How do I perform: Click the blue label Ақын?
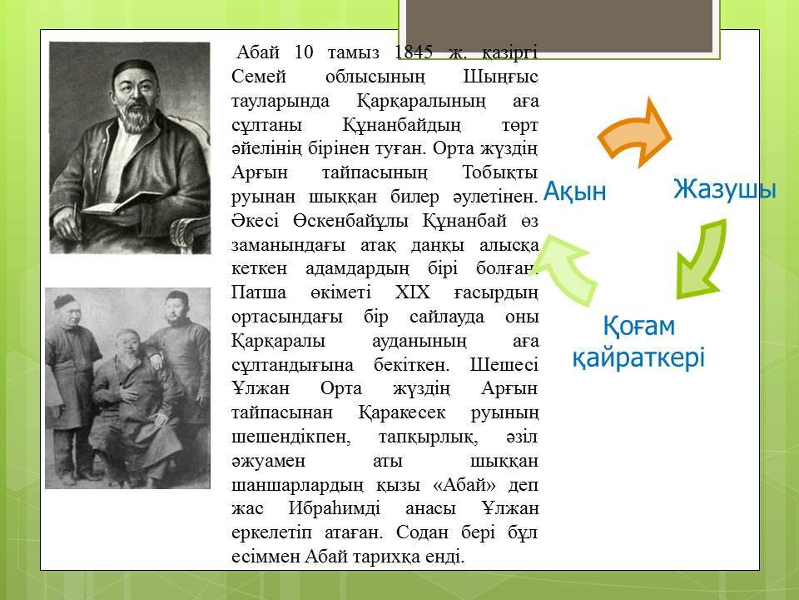click(575, 192)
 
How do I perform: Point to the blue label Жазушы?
click(725, 189)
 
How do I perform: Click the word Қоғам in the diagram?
click(639, 326)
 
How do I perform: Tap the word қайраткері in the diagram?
click(638, 357)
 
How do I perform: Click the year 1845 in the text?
click(414, 52)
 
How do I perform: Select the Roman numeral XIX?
click(412, 292)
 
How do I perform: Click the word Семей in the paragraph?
click(259, 77)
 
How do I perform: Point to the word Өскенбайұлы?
click(350, 220)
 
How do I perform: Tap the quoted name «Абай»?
click(464, 484)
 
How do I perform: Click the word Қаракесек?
click(401, 412)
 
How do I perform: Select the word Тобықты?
click(500, 172)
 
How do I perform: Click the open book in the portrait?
click(122, 203)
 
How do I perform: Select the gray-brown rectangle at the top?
click(559, 26)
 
